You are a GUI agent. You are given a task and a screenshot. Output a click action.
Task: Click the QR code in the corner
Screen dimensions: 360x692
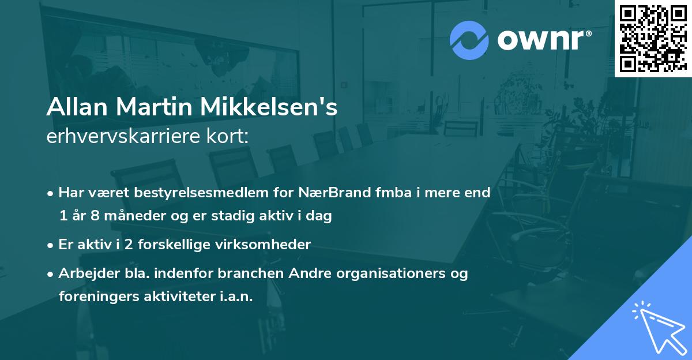[653, 38]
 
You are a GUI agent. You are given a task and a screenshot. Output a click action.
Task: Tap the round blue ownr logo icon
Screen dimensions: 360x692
[469, 40]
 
